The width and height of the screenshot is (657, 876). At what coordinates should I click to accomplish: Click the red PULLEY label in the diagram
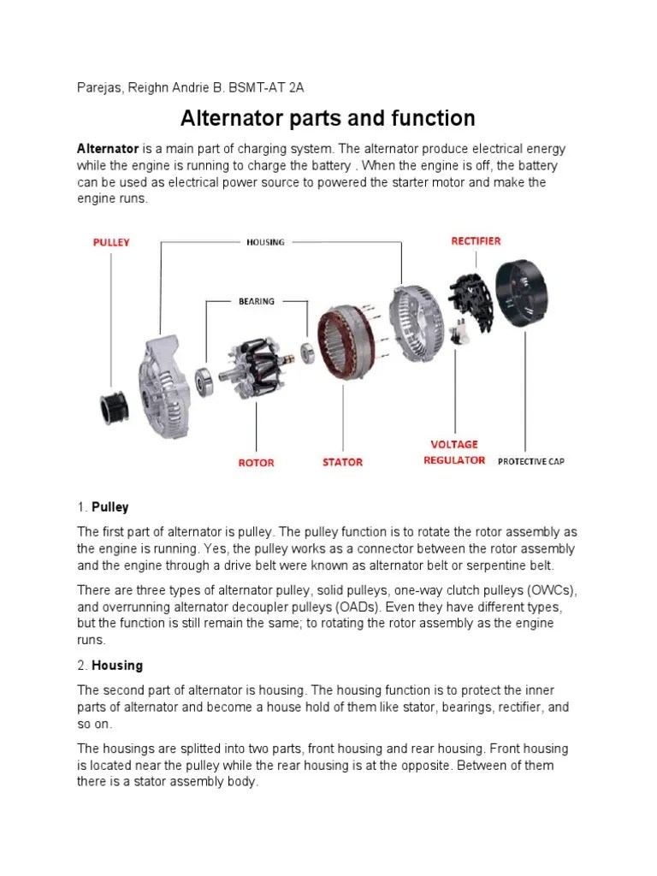click(111, 242)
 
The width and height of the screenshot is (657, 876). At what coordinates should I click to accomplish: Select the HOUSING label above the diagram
click(265, 242)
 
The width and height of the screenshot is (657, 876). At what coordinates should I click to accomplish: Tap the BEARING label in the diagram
click(257, 301)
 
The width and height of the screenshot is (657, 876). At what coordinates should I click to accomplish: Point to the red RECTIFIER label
click(476, 241)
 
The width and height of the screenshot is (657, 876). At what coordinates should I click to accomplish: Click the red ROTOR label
click(256, 463)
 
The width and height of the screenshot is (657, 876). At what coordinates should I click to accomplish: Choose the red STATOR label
click(342, 463)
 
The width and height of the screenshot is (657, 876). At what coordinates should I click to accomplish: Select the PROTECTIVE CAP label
click(530, 462)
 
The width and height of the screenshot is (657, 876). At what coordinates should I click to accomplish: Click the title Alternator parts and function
click(328, 117)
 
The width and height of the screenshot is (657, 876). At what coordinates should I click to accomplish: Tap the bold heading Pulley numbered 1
click(109, 507)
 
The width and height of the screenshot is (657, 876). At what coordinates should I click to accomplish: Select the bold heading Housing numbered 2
click(117, 666)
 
